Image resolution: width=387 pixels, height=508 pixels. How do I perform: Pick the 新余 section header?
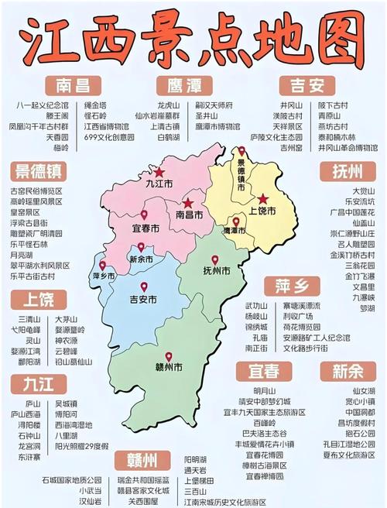coord(350,371)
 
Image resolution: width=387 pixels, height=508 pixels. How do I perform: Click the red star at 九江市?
coord(159,172)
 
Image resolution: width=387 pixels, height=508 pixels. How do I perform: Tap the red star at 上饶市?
coord(263,198)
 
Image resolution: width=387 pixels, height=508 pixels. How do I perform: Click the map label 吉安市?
coord(143,299)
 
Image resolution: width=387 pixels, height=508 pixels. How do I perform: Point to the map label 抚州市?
coord(215,271)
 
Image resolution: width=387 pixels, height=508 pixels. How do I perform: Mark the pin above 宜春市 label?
coord(143,215)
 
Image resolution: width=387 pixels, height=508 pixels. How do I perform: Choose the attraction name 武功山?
coord(255,306)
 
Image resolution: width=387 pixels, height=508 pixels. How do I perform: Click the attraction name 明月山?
coord(264,391)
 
